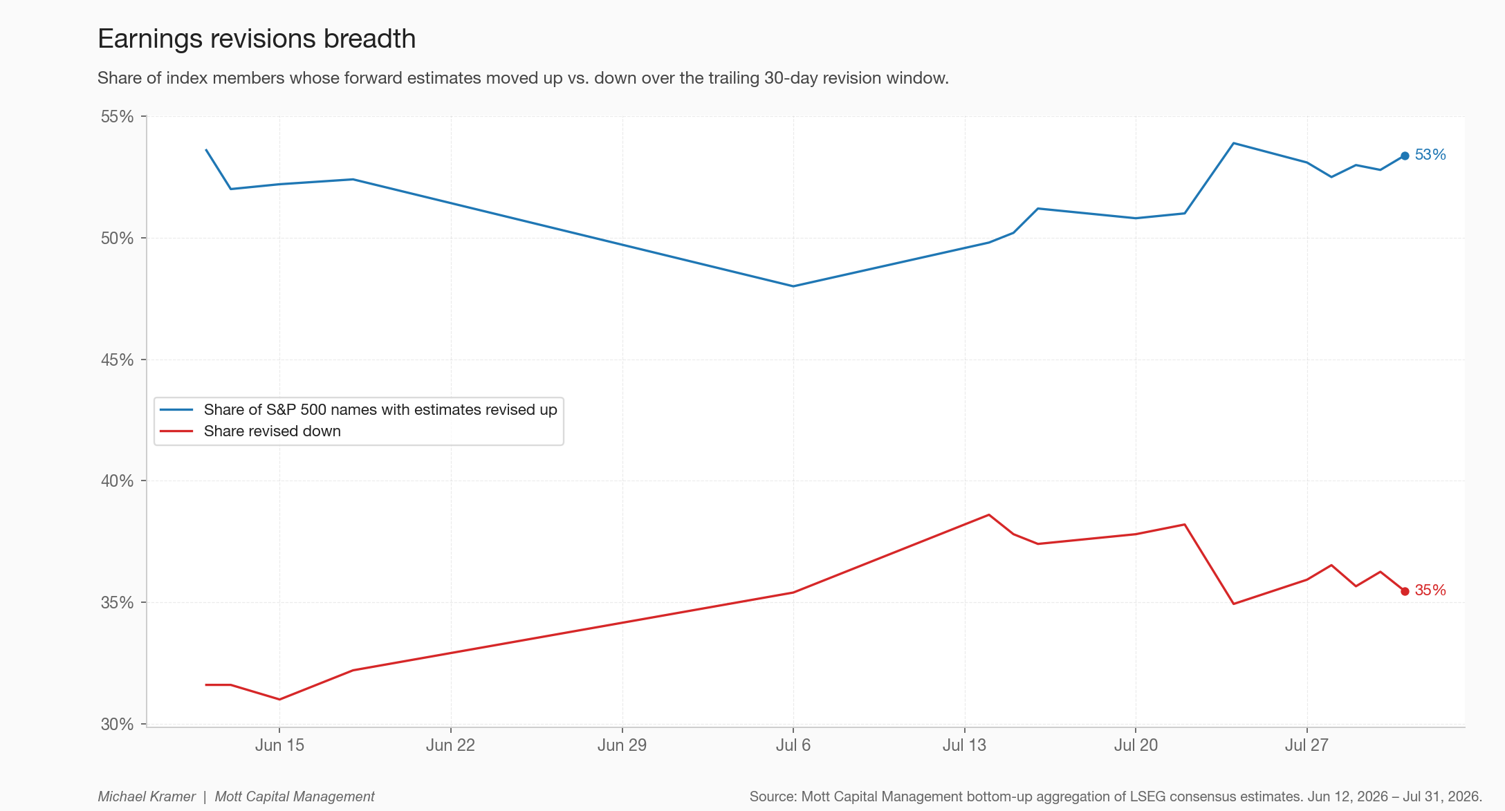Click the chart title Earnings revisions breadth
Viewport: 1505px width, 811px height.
[257, 39]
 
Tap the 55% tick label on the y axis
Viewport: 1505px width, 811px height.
[117, 116]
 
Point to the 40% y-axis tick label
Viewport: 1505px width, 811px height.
[117, 481]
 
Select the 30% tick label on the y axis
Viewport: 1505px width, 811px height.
[117, 724]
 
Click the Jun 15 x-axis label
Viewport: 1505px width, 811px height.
[279, 745]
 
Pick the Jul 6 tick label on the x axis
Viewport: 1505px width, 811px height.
[793, 745]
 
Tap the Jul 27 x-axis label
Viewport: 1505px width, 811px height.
[1307, 745]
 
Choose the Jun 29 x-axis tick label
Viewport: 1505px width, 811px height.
[622, 745]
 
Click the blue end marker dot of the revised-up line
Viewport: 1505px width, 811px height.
[1405, 156]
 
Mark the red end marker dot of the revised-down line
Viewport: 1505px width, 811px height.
[1405, 591]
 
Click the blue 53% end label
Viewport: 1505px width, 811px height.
[1430, 155]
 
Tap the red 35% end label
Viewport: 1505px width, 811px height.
[1430, 590]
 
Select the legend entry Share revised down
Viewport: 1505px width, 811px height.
[273, 431]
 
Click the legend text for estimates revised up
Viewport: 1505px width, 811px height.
[380, 410]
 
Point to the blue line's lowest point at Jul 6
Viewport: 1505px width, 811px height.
[793, 286]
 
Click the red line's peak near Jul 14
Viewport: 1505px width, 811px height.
[989, 514]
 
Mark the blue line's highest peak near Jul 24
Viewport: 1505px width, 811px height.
[1234, 143]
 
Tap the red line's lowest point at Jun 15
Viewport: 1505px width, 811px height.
[279, 700]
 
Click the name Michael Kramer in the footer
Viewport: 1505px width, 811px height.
[147, 796]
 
